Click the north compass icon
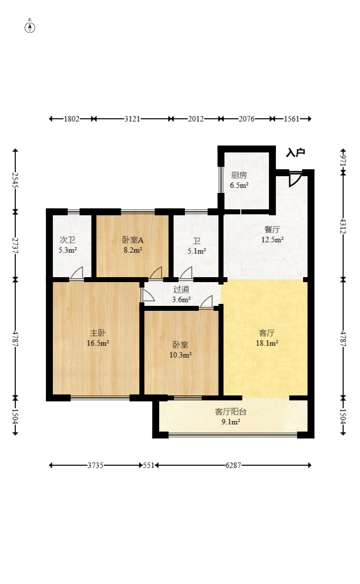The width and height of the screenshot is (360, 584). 30,27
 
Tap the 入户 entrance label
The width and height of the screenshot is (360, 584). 295,153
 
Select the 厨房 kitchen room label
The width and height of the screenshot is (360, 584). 239,175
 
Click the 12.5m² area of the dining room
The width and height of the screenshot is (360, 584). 272,241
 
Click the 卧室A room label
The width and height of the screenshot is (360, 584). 133,241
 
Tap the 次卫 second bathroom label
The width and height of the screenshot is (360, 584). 68,241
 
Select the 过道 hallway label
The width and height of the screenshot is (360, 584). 181,290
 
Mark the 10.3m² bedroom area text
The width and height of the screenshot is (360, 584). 181,354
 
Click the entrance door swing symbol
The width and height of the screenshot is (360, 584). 295,179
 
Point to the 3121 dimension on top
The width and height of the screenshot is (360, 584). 132,119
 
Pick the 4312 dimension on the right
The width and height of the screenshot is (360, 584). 343,226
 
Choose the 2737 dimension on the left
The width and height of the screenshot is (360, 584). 15,244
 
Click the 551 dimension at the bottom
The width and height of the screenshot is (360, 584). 149,465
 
